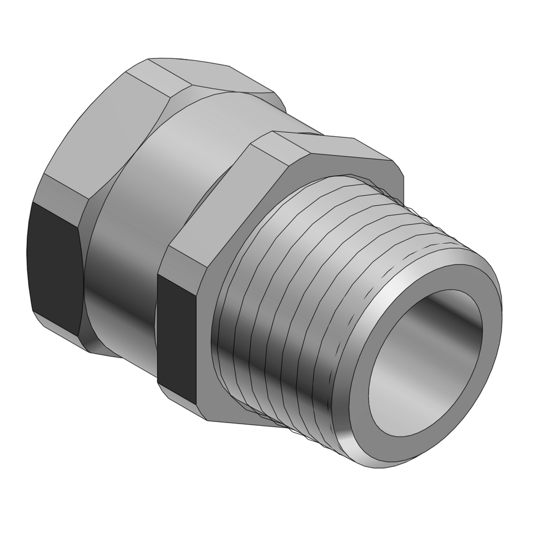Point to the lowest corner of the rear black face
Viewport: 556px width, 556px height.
coord(78,334)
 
